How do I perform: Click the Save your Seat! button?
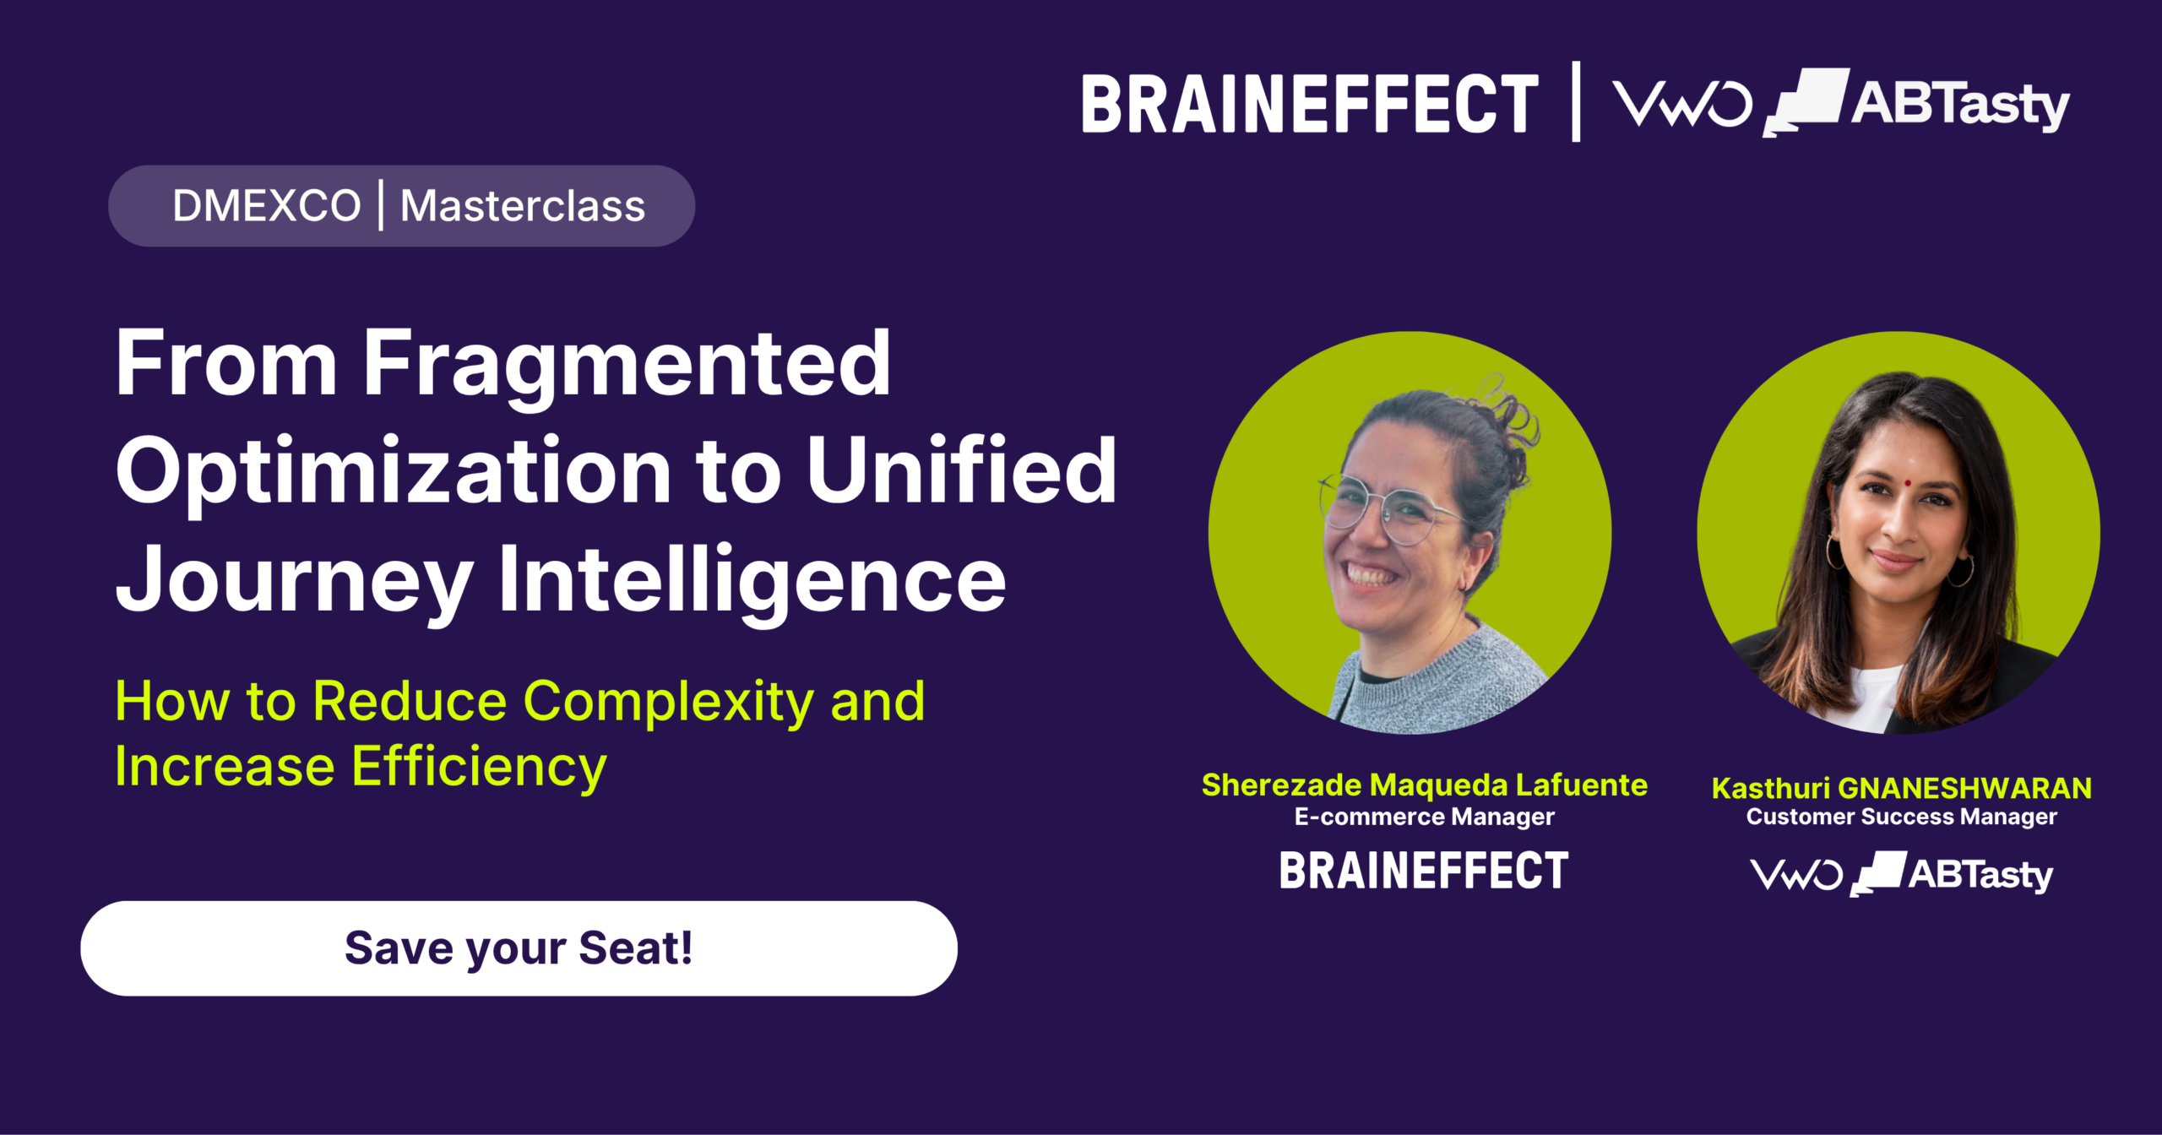pyautogui.click(x=519, y=948)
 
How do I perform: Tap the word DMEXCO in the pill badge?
pyautogui.click(x=266, y=206)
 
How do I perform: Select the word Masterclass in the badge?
pyautogui.click(x=523, y=206)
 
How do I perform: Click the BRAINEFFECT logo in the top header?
pyautogui.click(x=1310, y=105)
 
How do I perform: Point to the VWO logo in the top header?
pyautogui.click(x=1681, y=104)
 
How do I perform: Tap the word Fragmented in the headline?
pyautogui.click(x=627, y=365)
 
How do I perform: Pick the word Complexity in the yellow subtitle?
pyautogui.click(x=669, y=703)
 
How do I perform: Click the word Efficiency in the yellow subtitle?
pyautogui.click(x=479, y=768)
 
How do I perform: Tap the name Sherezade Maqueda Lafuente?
pyautogui.click(x=1424, y=785)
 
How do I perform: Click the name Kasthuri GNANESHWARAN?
pyautogui.click(x=1902, y=788)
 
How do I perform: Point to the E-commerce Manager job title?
pyautogui.click(x=1424, y=817)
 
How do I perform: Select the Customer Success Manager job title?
pyautogui.click(x=1902, y=817)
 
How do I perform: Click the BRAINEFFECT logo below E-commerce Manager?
pyautogui.click(x=1424, y=871)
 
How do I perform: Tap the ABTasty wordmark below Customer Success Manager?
pyautogui.click(x=1981, y=875)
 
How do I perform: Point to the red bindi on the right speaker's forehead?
pyautogui.click(x=1907, y=484)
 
